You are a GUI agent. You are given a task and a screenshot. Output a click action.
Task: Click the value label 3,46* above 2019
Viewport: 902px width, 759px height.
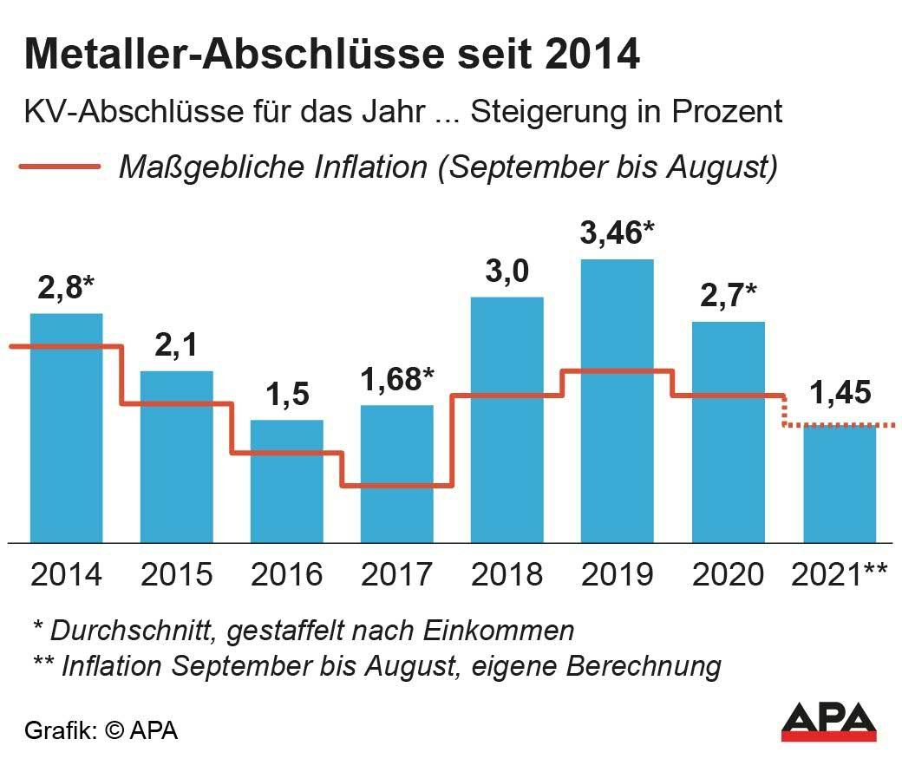(x=617, y=233)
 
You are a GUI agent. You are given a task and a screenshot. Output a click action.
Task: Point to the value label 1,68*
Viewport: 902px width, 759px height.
(x=397, y=379)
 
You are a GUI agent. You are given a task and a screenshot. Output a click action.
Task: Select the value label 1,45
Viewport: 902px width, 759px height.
(x=840, y=394)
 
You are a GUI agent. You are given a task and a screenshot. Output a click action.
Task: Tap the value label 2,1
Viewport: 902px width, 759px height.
(x=176, y=345)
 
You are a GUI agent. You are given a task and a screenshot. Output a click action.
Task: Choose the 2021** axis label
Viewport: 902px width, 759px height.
(x=840, y=574)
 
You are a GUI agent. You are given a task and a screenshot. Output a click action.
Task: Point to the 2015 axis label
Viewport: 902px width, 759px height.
(x=176, y=574)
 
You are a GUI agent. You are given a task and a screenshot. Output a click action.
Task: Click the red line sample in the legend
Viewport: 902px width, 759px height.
(x=59, y=165)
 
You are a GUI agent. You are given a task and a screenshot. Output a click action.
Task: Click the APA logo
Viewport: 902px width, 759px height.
(x=828, y=720)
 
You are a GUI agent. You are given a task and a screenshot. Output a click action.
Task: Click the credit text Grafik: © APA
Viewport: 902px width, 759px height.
(x=101, y=730)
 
